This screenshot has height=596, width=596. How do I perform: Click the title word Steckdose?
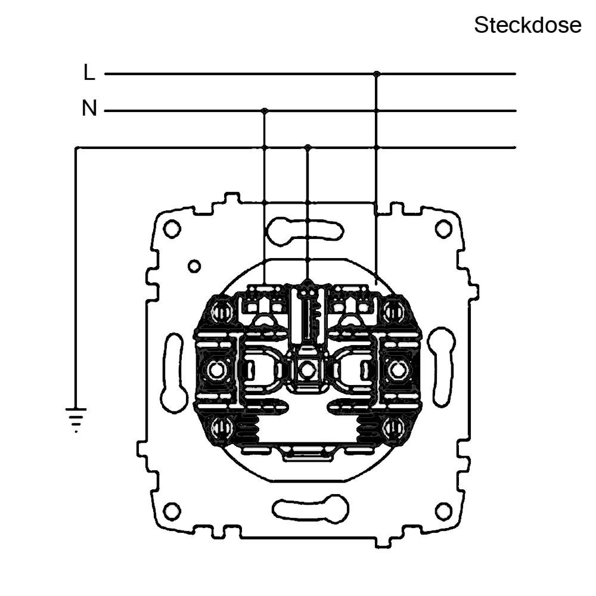point(528,25)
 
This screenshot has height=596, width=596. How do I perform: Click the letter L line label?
point(89,72)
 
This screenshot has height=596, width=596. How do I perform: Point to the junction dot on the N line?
point(264,111)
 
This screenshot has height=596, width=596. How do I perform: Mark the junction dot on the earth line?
point(307,147)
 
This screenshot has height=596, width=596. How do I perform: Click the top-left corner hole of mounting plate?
point(172,229)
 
